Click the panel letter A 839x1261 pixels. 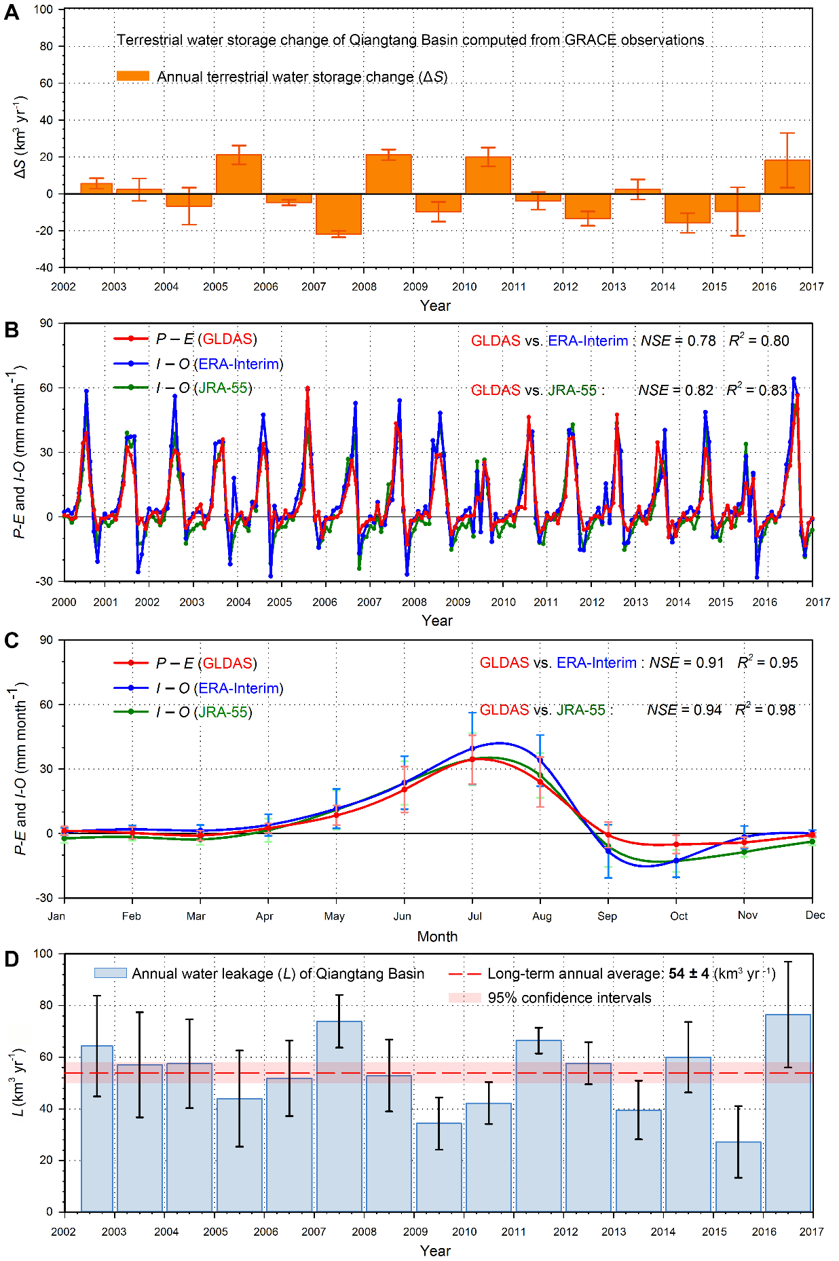click(x=12, y=12)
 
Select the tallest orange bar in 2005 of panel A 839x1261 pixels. click(x=239, y=174)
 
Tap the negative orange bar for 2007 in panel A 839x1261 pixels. click(x=339, y=214)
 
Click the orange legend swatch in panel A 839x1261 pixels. click(x=132, y=76)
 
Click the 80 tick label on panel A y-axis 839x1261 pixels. click(x=46, y=46)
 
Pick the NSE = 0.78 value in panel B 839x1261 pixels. click(x=677, y=341)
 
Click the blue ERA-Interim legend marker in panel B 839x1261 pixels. click(x=130, y=364)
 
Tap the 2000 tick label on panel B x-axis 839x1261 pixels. click(x=64, y=602)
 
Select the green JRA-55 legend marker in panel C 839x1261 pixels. click(x=130, y=712)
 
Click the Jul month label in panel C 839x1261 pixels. click(x=474, y=916)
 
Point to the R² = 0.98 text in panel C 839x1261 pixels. click(x=766, y=710)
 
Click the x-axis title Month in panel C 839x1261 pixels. click(x=437, y=937)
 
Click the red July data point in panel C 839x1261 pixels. click(x=472, y=759)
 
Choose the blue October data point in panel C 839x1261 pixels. click(x=676, y=861)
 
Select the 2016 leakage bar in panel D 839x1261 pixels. click(x=787, y=1113)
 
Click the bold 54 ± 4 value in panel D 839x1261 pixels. click(x=688, y=974)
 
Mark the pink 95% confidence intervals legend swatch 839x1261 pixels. click(x=464, y=998)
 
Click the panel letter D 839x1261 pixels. click(x=12, y=959)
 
